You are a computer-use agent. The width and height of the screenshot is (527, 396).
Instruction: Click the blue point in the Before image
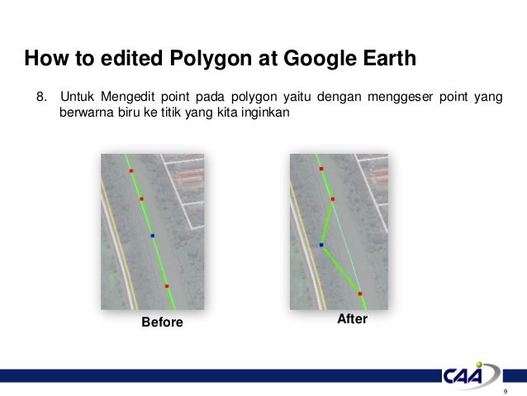(x=153, y=236)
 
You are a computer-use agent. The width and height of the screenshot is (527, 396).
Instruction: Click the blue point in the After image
(x=320, y=245)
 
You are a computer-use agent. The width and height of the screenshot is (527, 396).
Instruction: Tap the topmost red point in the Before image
(x=131, y=171)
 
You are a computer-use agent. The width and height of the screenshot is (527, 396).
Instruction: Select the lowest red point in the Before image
(x=167, y=286)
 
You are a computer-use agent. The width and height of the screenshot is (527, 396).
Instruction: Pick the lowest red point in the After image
(x=359, y=293)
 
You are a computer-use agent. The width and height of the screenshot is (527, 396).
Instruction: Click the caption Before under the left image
(x=162, y=322)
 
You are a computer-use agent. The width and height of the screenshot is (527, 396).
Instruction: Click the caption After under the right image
(x=353, y=318)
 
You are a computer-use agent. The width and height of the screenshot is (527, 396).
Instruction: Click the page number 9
(x=504, y=390)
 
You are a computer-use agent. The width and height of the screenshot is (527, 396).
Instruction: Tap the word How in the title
(x=43, y=60)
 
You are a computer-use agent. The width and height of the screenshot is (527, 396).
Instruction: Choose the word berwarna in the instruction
(x=85, y=113)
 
